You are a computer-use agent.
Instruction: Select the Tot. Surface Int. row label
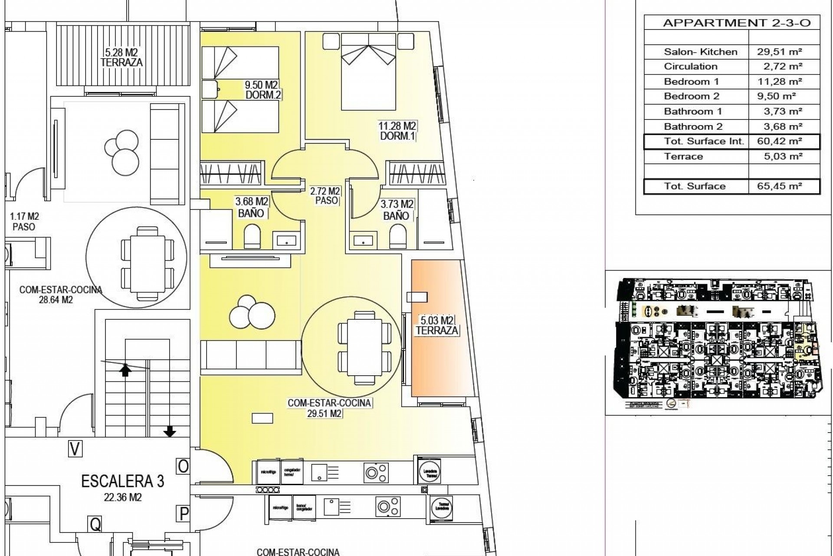point(704,142)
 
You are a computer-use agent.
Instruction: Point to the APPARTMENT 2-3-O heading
point(737,23)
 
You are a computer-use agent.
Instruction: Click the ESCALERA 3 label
point(123,481)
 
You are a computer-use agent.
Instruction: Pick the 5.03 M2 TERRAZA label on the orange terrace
point(437,326)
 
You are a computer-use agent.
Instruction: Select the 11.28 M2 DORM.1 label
point(397,131)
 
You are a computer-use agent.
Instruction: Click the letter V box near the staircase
point(75,449)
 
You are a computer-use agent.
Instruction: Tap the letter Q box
point(95,524)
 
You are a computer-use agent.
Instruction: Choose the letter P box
point(184,514)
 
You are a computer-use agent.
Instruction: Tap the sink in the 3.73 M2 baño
point(364,240)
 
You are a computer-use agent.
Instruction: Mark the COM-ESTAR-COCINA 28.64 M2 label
point(60,295)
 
